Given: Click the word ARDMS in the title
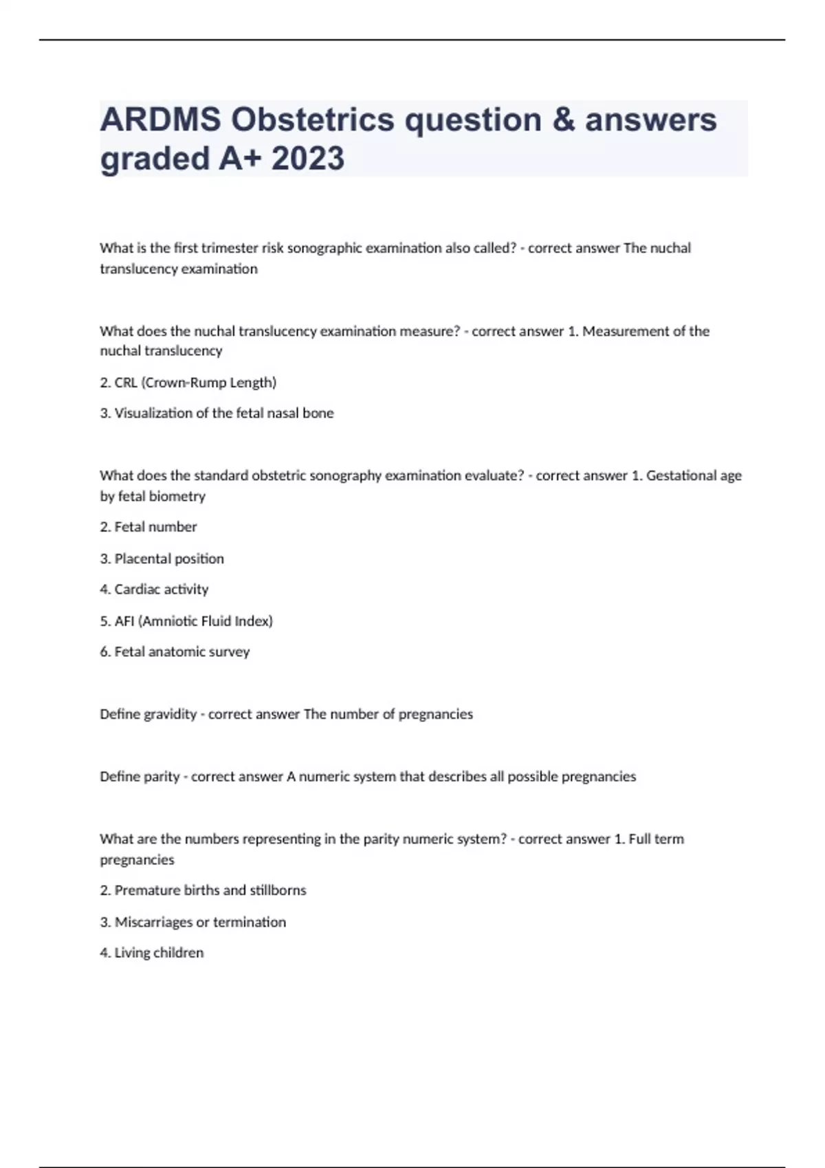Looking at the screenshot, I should [x=160, y=120].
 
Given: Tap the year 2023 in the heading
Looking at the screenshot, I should [x=307, y=159].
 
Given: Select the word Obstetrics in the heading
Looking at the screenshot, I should [x=313, y=120].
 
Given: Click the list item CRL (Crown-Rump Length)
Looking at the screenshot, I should [x=188, y=383].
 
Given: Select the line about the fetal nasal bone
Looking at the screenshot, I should [x=217, y=413].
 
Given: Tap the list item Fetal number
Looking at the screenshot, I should [x=148, y=527].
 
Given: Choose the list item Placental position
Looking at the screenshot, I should [x=162, y=559].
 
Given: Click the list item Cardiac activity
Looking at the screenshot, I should [x=154, y=589].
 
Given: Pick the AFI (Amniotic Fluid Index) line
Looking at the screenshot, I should [x=186, y=621].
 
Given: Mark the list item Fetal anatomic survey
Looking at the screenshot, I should [x=175, y=652].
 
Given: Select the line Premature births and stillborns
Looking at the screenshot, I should [x=203, y=890].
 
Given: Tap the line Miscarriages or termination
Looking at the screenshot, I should [x=192, y=922].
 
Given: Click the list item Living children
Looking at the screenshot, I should [x=151, y=953].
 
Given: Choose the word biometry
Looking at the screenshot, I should [x=181, y=496].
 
